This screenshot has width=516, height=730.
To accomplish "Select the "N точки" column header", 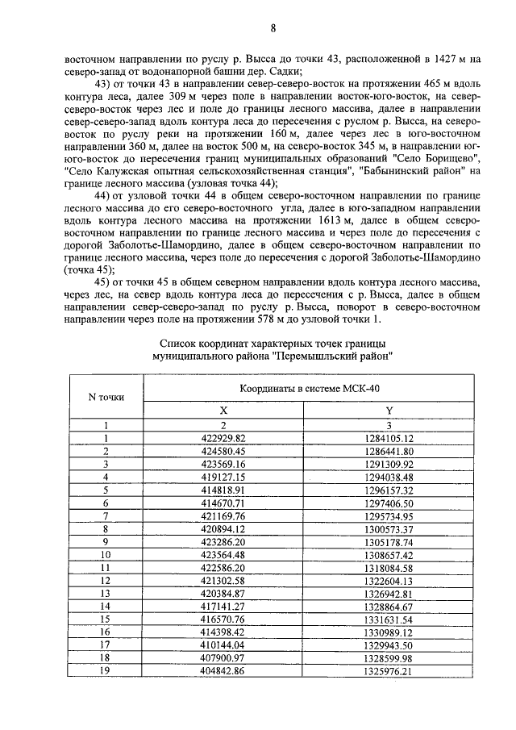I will [105, 396].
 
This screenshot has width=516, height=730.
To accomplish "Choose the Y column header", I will [389, 410].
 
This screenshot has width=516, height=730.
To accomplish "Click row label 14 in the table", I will [105, 607].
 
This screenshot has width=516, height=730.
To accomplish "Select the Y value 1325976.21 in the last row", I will [389, 671].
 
